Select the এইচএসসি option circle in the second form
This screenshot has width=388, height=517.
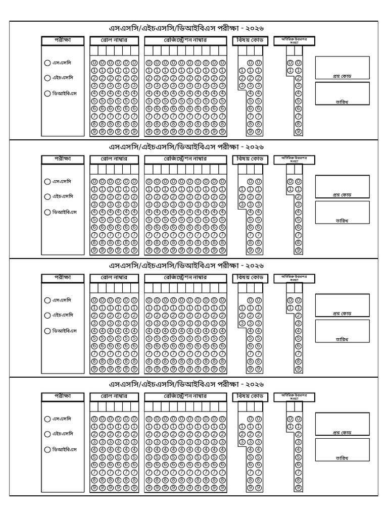coord(47,196)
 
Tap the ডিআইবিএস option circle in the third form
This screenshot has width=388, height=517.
coord(47,331)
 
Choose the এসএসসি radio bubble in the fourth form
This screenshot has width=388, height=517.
coord(47,419)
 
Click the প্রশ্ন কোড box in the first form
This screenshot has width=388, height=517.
coord(342,68)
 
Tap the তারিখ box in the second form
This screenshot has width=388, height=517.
coord(342,212)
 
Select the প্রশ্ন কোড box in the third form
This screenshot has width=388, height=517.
coord(342,305)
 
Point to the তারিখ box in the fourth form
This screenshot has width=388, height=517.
coord(342,449)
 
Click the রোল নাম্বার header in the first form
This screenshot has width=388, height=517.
coord(114,40)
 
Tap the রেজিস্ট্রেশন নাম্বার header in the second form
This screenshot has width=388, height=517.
coord(185,159)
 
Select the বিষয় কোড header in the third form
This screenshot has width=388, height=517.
coord(248,278)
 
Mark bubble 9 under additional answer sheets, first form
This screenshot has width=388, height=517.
coord(298,132)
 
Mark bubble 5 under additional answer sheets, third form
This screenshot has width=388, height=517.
coord(298,338)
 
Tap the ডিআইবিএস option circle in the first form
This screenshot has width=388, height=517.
coord(47,93)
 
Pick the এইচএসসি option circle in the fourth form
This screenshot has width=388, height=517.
coord(47,434)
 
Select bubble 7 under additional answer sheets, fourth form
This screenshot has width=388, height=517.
coord(298,472)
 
